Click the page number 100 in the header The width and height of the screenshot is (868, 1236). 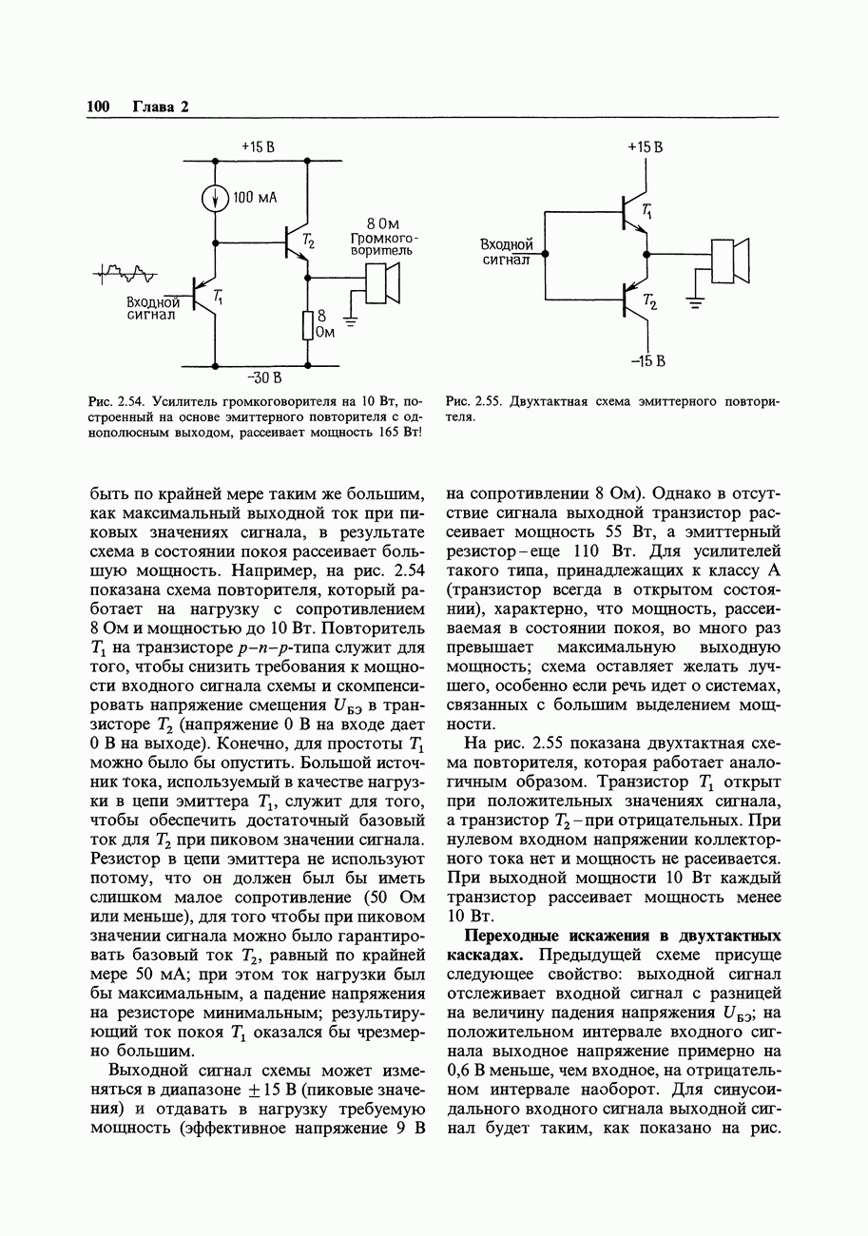(x=99, y=106)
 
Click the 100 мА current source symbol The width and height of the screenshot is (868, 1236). (x=216, y=198)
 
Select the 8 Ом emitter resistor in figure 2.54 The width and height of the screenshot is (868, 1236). (x=307, y=325)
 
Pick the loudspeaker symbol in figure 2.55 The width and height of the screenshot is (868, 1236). (x=731, y=261)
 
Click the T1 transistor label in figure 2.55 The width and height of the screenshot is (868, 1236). (x=647, y=211)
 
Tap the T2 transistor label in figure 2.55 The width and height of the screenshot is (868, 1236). (x=649, y=301)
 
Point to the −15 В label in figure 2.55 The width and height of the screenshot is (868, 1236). (x=646, y=361)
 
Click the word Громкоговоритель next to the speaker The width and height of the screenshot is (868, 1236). (x=384, y=243)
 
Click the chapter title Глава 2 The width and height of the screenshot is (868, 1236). (x=161, y=106)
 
